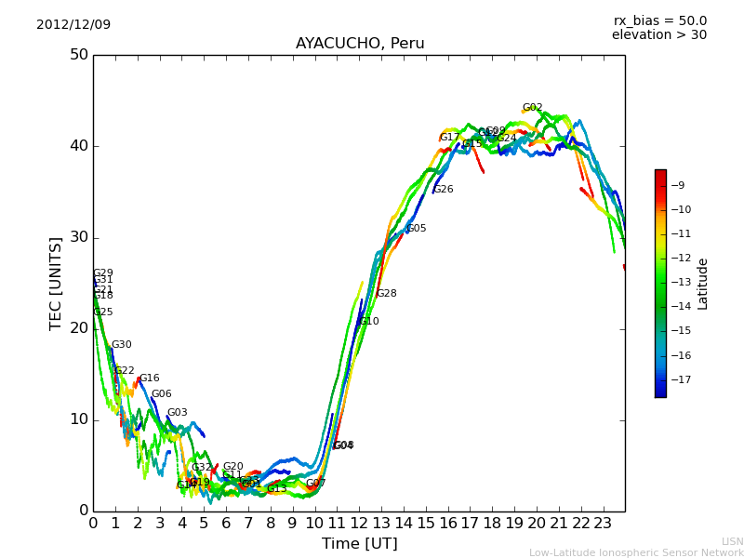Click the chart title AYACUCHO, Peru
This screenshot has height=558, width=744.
click(x=360, y=44)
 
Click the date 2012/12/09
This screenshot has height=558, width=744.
click(x=73, y=24)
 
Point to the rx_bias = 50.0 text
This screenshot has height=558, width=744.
click(x=659, y=20)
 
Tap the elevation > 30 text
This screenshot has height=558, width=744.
click(x=658, y=35)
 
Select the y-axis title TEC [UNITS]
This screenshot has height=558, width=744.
click(x=57, y=283)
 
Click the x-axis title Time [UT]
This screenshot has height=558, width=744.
click(x=359, y=543)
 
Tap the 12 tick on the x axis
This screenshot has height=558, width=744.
click(x=359, y=523)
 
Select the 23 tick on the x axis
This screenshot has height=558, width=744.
click(x=603, y=523)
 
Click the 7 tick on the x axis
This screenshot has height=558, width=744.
click(x=248, y=523)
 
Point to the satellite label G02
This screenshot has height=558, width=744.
click(x=532, y=108)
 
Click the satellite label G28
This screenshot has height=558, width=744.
click(x=386, y=294)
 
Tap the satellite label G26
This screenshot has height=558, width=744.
click(x=444, y=190)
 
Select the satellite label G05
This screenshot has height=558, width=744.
click(x=417, y=229)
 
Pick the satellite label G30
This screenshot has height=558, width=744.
click(x=122, y=345)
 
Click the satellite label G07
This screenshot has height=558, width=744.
click(x=316, y=484)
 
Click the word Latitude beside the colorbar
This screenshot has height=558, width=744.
click(x=703, y=284)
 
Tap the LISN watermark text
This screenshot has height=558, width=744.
click(x=732, y=541)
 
